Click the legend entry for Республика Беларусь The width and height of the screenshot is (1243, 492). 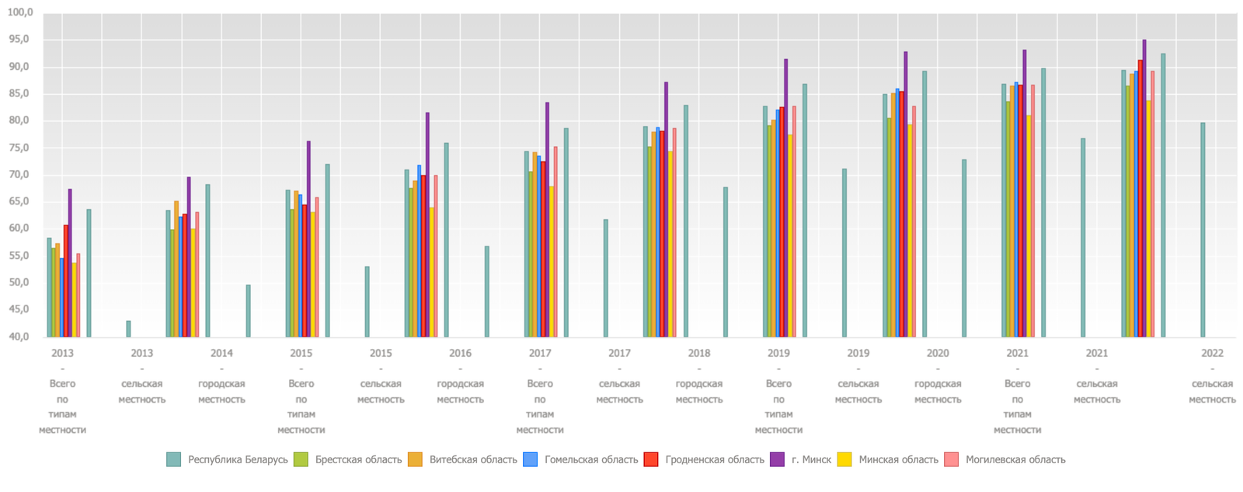(x=238, y=459)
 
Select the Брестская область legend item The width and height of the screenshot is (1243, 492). (x=358, y=459)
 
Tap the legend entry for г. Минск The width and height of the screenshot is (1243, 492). (x=811, y=459)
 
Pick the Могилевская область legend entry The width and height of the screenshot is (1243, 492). (x=1015, y=459)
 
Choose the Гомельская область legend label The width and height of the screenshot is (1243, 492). (x=591, y=459)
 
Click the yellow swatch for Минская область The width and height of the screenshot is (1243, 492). (x=844, y=459)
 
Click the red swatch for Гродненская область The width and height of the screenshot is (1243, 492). (x=651, y=459)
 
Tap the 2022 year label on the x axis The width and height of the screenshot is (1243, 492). (x=1212, y=353)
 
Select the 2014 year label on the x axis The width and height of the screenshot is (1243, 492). (x=221, y=353)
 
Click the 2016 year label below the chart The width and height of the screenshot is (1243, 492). (x=460, y=353)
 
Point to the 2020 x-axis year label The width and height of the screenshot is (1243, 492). (x=938, y=353)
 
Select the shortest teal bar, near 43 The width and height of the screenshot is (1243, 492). (x=129, y=329)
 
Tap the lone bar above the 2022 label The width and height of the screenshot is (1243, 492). (x=1203, y=229)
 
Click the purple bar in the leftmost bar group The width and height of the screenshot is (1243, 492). (x=70, y=263)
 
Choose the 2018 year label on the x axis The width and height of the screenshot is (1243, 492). (x=699, y=353)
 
